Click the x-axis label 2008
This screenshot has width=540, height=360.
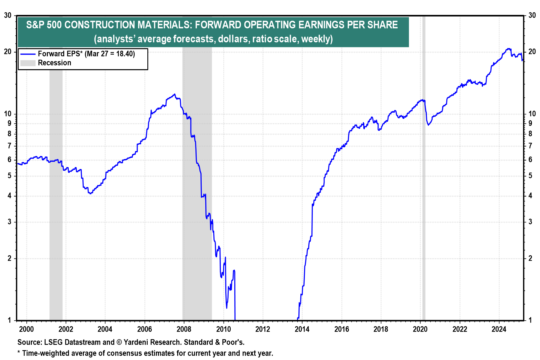tap(184, 329)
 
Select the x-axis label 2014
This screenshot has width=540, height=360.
tap(302, 329)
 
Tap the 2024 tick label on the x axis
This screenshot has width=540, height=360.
tap(499, 329)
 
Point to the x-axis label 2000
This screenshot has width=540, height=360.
tap(26, 329)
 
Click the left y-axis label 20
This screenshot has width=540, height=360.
tap(8, 52)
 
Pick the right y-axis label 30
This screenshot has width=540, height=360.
tap(532, 15)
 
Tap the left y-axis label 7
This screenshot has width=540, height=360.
tap(10, 146)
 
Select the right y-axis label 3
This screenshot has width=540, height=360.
tap(530, 222)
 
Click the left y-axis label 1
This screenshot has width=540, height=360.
tap(10, 320)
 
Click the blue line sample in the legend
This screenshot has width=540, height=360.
tap(28, 54)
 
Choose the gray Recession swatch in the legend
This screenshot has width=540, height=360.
tap(28, 63)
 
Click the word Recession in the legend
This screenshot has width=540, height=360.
tap(55, 63)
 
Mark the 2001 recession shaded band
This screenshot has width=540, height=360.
tap(56, 197)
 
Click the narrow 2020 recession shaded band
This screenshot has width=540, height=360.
tap(424, 197)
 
